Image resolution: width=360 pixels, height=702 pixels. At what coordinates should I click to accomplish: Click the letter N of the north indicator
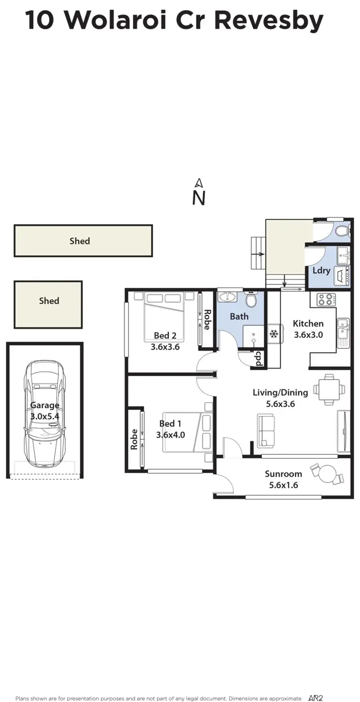tap(199, 198)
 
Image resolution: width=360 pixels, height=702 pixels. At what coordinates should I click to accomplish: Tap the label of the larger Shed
tap(80, 241)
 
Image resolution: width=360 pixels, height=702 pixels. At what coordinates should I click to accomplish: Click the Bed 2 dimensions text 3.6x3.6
tap(165, 346)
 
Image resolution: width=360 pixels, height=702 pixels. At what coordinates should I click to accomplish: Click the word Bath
tap(239, 316)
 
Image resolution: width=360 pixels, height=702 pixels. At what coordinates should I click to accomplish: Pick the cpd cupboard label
tap(258, 359)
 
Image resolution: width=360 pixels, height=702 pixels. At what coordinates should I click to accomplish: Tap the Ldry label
tap(321, 270)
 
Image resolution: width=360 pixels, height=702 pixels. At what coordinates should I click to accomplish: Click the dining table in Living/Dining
tap(329, 389)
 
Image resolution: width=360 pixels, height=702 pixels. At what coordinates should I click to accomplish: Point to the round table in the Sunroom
tap(328, 474)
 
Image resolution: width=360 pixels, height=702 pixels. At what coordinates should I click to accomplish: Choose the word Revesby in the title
tap(268, 20)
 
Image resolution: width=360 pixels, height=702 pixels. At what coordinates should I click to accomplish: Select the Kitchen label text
tap(308, 323)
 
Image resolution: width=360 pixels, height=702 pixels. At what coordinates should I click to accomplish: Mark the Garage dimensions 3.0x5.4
tap(45, 416)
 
